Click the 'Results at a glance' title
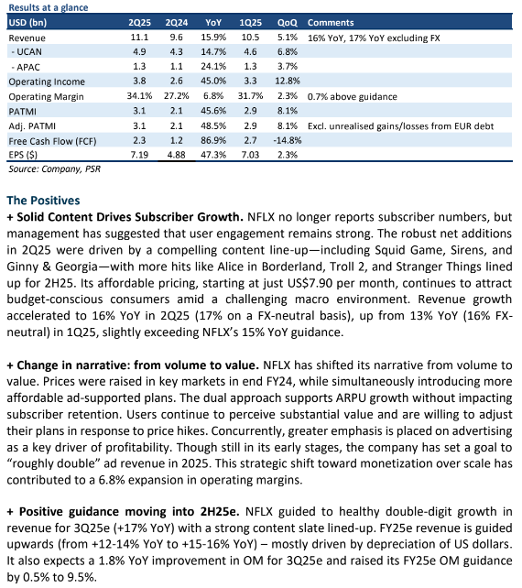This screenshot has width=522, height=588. click(48, 7)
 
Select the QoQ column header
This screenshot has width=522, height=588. click(287, 23)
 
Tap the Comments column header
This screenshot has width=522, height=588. click(331, 23)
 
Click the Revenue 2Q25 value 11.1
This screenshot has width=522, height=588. click(139, 38)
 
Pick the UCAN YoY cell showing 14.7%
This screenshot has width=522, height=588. click(213, 52)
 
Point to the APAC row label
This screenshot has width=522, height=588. click(26, 67)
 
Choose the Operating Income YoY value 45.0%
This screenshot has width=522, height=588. click(213, 81)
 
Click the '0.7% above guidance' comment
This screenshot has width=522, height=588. click(353, 97)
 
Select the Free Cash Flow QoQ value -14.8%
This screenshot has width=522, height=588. click(288, 141)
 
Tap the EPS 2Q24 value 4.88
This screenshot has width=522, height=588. click(176, 155)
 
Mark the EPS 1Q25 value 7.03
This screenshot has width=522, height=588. click(250, 155)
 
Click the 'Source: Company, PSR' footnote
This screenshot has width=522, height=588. click(55, 169)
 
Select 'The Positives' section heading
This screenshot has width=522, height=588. click(44, 201)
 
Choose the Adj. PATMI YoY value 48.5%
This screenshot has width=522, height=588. click(213, 126)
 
